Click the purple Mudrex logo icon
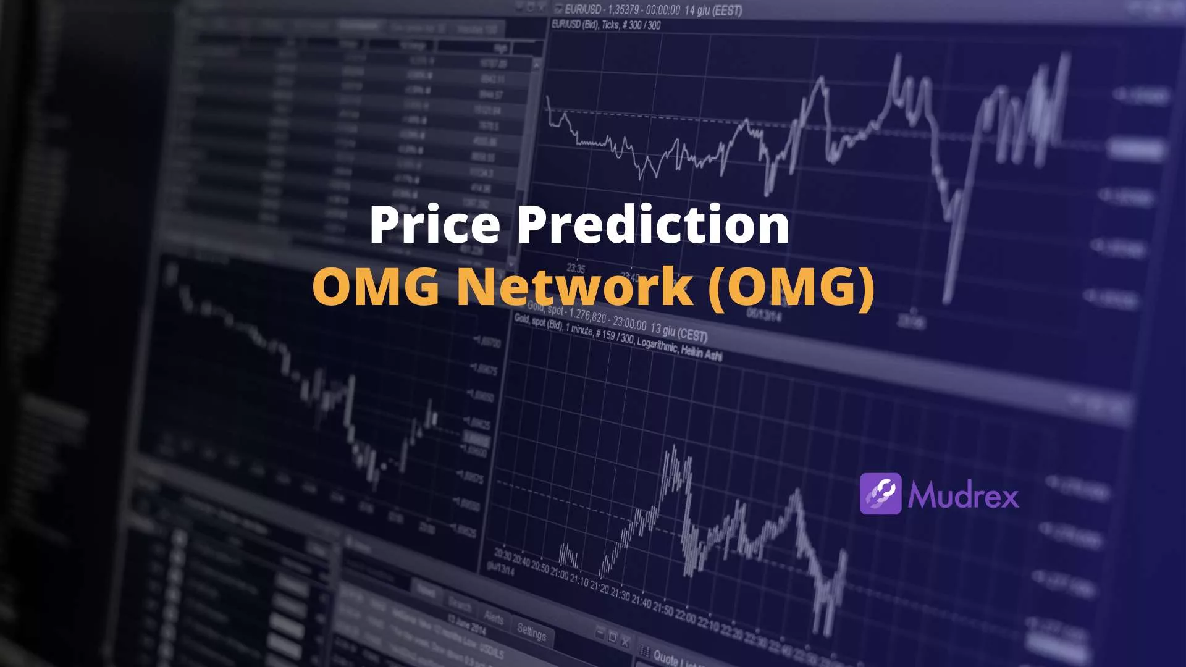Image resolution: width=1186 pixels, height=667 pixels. pos(880,494)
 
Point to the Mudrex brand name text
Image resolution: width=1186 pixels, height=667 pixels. pos(963,495)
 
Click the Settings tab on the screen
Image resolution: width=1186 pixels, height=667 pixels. pos(531,632)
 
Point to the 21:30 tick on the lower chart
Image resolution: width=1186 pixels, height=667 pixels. pos(620,594)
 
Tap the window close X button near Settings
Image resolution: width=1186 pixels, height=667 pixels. pos(625,642)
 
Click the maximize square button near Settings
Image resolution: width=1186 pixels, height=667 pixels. pos(612,637)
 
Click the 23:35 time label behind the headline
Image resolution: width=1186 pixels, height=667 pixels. pos(576,269)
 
